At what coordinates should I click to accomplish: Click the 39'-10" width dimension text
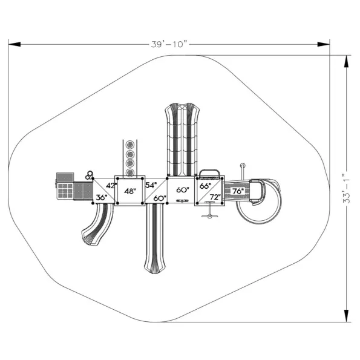pos(169,44)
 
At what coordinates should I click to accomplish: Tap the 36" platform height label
pos(102,197)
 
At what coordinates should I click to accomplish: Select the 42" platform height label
pos(111,186)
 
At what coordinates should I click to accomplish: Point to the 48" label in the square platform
pos(130,191)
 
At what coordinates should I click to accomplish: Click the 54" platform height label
pos(151,185)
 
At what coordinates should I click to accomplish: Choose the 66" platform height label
pos(205,186)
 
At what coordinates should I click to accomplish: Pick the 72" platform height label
pos(215,197)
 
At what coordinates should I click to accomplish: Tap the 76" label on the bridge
pos(238,191)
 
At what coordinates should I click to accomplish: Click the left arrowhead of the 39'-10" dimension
pos(15,44)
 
